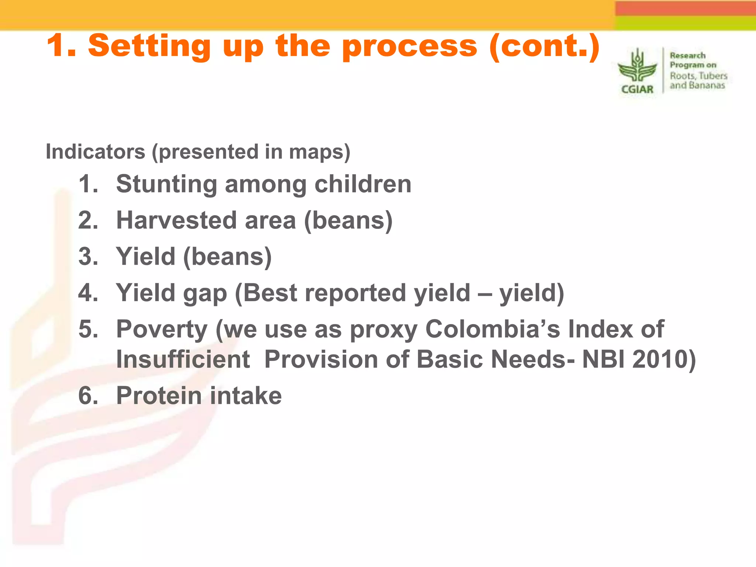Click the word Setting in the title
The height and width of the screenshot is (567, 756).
click(x=149, y=46)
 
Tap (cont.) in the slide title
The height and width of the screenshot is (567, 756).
click(x=545, y=46)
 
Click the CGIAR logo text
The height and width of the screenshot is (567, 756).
click(x=637, y=89)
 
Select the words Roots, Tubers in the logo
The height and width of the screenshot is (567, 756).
click(x=698, y=76)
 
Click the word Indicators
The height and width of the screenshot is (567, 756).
click(x=95, y=152)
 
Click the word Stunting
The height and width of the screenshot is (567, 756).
click(x=166, y=184)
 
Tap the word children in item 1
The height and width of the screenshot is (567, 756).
click(x=363, y=184)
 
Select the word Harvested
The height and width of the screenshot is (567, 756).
click(x=176, y=220)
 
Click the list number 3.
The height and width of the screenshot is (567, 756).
click(x=88, y=257)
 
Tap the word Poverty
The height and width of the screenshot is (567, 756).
click(x=162, y=329)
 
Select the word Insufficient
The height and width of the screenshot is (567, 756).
click(x=183, y=359)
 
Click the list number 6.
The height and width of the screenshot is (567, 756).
click(x=88, y=396)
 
